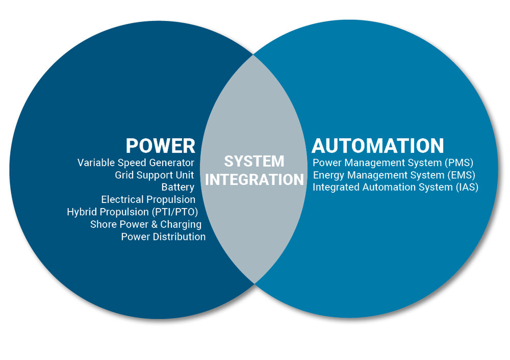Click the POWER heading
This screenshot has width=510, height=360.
click(x=160, y=145)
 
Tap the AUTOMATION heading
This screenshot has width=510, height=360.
click(x=378, y=145)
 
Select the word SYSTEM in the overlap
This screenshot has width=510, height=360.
click(x=254, y=162)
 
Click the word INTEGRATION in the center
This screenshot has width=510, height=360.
click(x=254, y=179)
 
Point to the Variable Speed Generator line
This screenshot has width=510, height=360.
click(x=136, y=163)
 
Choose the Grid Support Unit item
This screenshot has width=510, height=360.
click(x=154, y=175)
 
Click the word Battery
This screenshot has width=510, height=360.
click(x=177, y=187)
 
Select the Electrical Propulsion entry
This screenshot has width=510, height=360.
click(x=148, y=199)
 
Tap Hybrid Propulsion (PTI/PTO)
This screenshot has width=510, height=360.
click(x=132, y=212)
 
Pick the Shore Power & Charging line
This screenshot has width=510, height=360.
click(x=145, y=224)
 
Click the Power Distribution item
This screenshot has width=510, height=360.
click(x=163, y=237)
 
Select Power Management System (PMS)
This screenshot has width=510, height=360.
click(x=393, y=163)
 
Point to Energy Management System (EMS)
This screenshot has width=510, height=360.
click(x=394, y=175)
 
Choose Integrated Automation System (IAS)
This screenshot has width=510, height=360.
click(x=395, y=187)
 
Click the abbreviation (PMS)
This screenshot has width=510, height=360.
click(x=460, y=163)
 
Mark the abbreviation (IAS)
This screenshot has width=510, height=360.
click(x=466, y=187)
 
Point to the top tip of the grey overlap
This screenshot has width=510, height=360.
click(x=254, y=55)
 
